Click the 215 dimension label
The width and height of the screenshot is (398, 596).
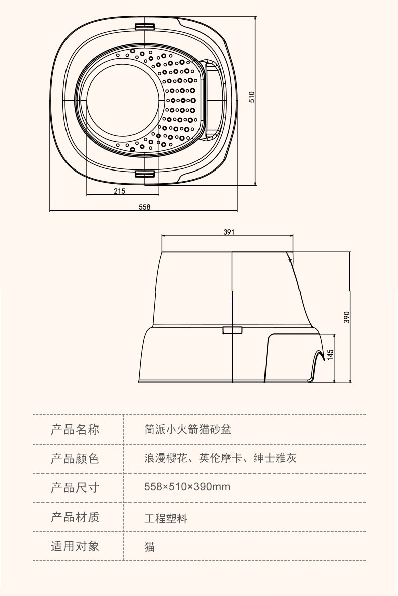pyautogui.click(x=119, y=191)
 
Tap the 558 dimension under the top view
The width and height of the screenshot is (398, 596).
pyautogui.click(x=145, y=207)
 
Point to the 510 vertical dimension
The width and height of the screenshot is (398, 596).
pyautogui.click(x=252, y=97)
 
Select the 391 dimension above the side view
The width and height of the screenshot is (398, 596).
pyautogui.click(x=229, y=232)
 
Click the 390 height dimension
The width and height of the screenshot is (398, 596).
pyautogui.click(x=346, y=317)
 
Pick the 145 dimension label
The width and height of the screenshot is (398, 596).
pyautogui.click(x=330, y=354)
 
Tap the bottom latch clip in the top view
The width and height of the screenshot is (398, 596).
pyautogui.click(x=145, y=174)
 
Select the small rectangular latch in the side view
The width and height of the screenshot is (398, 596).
pyautogui.click(x=232, y=329)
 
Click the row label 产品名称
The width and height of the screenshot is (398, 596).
pyautogui.click(x=75, y=430)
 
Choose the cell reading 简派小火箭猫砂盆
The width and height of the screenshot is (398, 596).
pyautogui.click(x=188, y=430)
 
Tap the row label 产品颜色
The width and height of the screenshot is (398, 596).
pyautogui.click(x=75, y=459)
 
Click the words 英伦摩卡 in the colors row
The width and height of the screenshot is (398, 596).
pyautogui.click(x=221, y=458)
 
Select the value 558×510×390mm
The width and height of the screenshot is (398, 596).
pyautogui.click(x=187, y=487)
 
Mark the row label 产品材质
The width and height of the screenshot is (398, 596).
pyautogui.click(x=75, y=517)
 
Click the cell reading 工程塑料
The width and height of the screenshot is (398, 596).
pyautogui.click(x=166, y=518)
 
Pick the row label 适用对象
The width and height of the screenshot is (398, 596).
pyautogui.click(x=75, y=546)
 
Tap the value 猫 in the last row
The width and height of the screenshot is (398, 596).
pyautogui.click(x=149, y=547)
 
